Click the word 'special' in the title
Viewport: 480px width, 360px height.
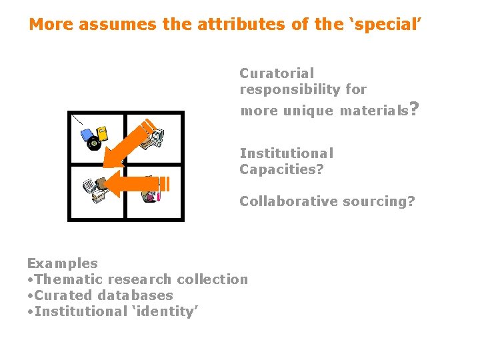pos(391,25)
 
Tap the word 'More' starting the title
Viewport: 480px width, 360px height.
pos(52,25)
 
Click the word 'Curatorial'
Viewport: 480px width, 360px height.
pos(277,73)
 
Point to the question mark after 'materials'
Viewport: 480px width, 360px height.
pos(415,108)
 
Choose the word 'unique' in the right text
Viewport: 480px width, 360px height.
pos(309,111)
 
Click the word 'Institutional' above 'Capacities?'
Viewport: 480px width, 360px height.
pos(287,153)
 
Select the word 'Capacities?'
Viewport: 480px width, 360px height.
pos(281,169)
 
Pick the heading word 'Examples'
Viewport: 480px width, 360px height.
pos(62,263)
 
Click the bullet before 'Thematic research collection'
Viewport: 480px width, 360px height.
pos(30,279)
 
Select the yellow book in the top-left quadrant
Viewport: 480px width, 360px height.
pos(102,132)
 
